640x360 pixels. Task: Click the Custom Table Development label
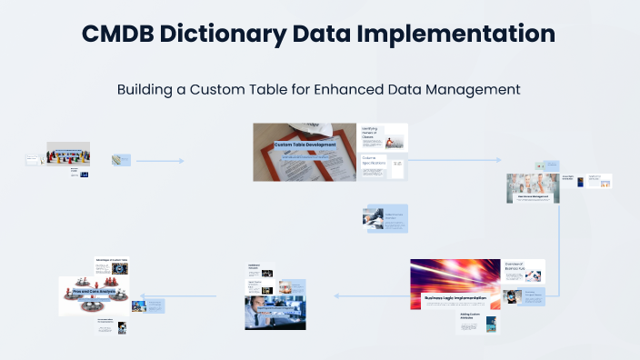coord(305,145)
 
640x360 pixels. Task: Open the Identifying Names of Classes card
coord(384,137)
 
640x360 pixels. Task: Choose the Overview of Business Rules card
coord(523,270)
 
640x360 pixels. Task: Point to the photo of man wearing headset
coord(275,306)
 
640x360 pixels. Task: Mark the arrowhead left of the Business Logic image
coord(335,295)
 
